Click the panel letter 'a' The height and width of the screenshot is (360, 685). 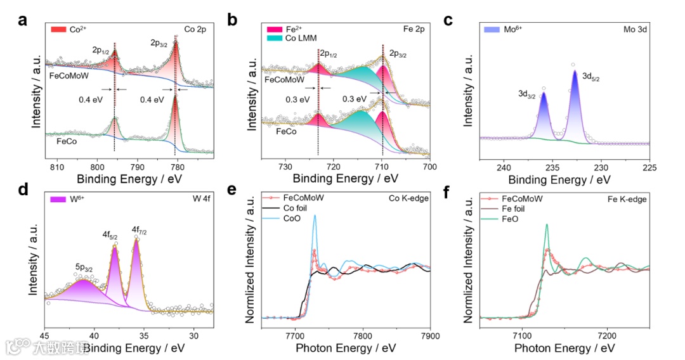coord(22,20)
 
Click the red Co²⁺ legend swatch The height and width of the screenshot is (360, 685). coord(58,29)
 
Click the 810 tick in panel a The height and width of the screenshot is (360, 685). coord(57,166)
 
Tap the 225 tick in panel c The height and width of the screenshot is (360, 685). coord(649,167)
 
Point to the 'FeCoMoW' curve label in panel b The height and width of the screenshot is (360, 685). coord(282,81)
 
